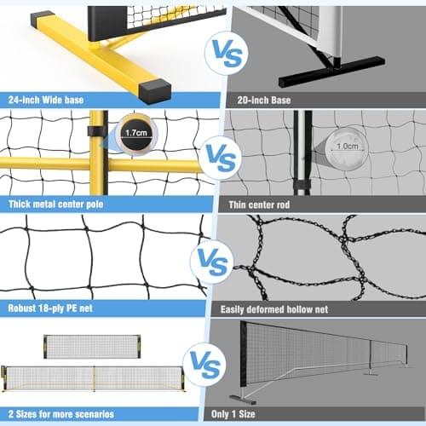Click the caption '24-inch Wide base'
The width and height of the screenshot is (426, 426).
46,100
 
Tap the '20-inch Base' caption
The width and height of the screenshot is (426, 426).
264,101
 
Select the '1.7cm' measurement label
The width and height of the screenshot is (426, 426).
136,133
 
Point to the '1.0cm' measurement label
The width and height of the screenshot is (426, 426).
347,147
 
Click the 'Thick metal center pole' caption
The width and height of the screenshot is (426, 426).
55,204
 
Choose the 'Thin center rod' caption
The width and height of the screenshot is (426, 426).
259,204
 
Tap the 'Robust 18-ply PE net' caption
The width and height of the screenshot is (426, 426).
50,308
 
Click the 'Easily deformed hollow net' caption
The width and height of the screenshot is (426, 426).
274,309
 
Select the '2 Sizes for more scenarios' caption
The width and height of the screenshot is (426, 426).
61,414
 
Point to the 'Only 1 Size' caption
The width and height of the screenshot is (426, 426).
233,414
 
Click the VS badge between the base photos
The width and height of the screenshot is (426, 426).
227,53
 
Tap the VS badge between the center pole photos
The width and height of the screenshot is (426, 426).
221,158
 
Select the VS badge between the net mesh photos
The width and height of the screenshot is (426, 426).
212,262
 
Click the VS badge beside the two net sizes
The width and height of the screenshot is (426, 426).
205,365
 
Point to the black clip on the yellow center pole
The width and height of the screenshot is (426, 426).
97,131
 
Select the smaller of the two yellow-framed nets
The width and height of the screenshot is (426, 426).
92,347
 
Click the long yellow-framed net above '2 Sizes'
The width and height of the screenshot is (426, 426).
93,378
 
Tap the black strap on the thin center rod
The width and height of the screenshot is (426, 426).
302,185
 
